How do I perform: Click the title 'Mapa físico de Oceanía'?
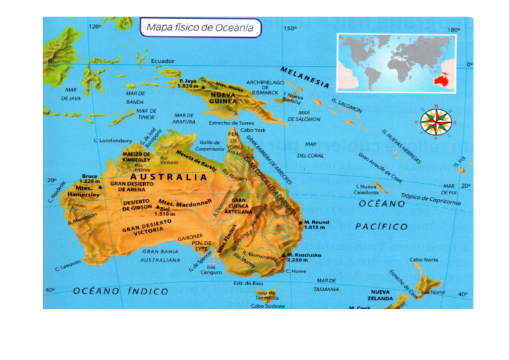[x=200, y=28]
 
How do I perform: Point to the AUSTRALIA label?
[x=169, y=178]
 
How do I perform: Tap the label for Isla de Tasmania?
[x=266, y=296]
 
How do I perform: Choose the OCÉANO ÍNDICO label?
[x=121, y=291]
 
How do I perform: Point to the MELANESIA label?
[x=305, y=77]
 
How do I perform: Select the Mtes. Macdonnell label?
[x=186, y=201]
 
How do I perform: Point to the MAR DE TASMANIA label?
[x=326, y=284]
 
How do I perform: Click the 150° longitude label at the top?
[x=290, y=29]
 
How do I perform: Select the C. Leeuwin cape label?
[x=68, y=265]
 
